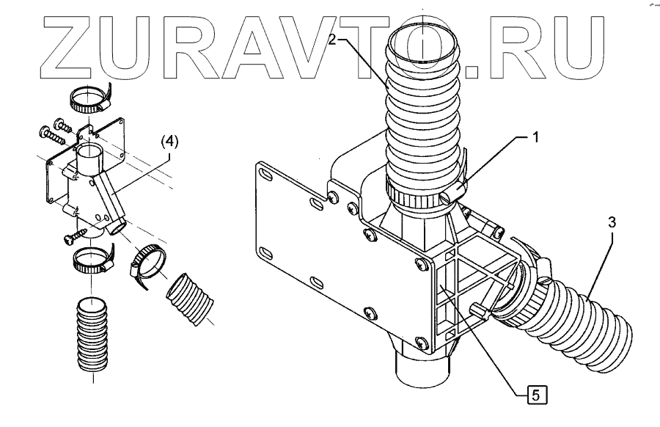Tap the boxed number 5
(x=536, y=395)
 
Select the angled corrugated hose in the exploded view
(x=189, y=298)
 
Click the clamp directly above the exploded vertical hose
(x=90, y=259)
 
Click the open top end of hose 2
(x=423, y=44)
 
